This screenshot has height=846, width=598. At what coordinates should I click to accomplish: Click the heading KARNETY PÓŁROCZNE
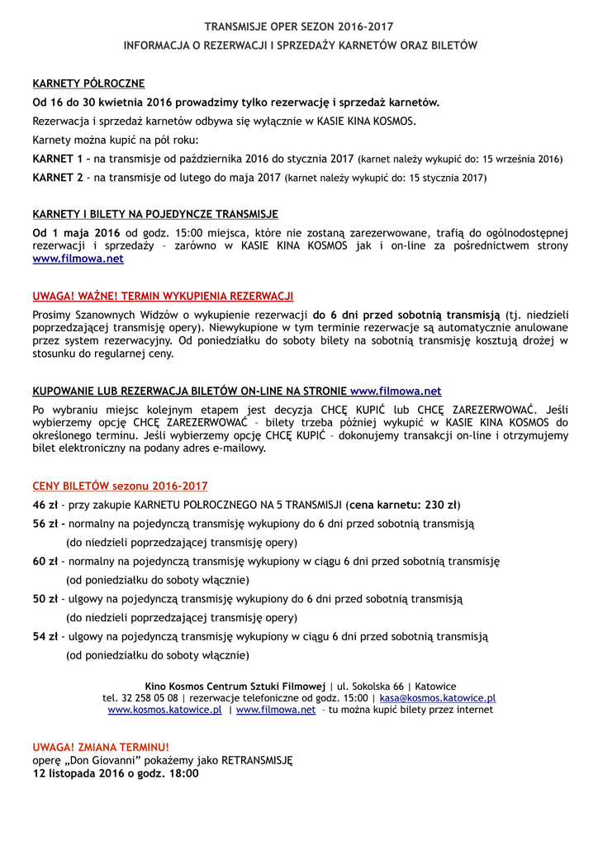click(x=88, y=83)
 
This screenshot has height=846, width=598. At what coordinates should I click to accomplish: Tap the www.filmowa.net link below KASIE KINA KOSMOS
click(x=78, y=259)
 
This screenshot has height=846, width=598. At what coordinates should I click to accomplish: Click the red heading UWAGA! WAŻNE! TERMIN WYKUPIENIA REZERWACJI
click(x=163, y=296)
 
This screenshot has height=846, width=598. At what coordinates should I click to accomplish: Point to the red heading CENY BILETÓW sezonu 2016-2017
click(x=120, y=486)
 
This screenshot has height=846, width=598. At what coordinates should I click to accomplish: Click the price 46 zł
click(x=45, y=505)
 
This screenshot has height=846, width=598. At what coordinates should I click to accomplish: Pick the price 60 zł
click(x=45, y=562)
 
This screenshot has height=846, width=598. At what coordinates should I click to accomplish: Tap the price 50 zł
click(x=45, y=599)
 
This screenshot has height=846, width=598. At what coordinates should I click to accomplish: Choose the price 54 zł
click(x=45, y=637)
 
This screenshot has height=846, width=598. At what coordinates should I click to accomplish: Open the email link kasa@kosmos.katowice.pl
click(x=438, y=698)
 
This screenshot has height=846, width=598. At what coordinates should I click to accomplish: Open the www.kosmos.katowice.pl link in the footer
click(x=164, y=710)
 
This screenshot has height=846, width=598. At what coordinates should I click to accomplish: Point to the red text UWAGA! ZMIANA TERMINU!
click(x=101, y=746)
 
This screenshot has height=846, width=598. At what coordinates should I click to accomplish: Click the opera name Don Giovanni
click(x=99, y=760)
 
